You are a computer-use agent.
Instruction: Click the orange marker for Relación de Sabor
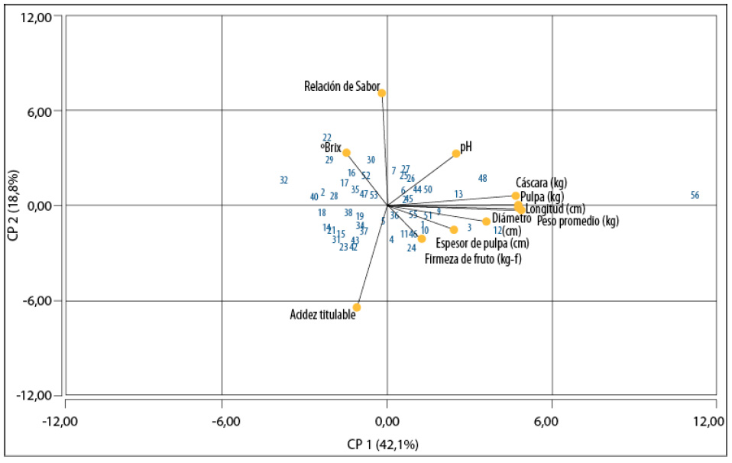tap(382, 93)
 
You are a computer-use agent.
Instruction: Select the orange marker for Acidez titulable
tap(357, 308)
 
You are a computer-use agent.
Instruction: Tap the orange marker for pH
tap(456, 154)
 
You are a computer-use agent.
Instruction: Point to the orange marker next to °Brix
tap(346, 153)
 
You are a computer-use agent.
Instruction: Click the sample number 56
tap(695, 196)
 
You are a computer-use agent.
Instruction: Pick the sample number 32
tap(283, 181)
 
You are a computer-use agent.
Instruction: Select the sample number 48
tap(483, 179)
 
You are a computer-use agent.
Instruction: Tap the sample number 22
tap(327, 138)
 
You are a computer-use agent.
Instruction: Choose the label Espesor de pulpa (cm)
tap(481, 244)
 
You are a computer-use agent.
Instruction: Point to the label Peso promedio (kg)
tap(578, 222)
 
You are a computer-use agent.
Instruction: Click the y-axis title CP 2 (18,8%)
tap(13, 206)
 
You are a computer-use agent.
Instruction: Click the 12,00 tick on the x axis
tap(715, 423)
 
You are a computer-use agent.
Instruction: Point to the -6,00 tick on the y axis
tap(37, 301)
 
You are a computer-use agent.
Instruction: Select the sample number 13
tap(458, 195)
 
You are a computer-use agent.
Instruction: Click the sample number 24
tap(411, 248)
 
